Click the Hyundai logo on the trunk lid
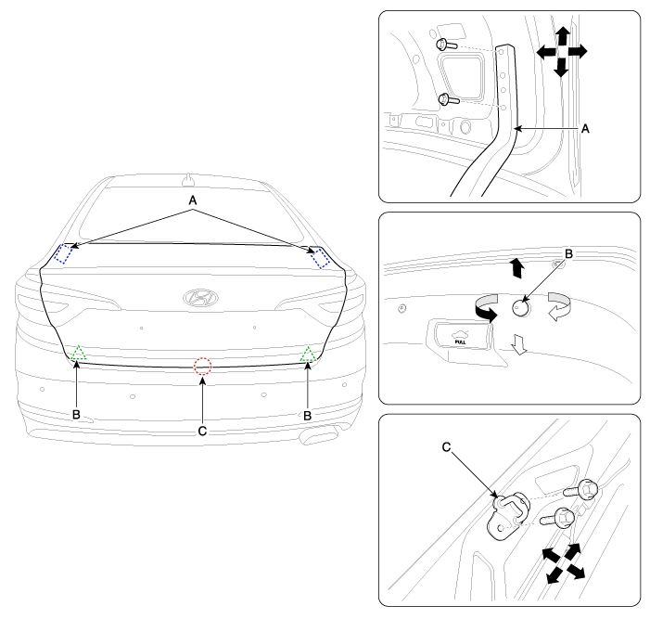tap(200, 298)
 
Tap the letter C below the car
tap(202, 432)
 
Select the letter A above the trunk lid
tap(193, 200)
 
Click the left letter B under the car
tap(76, 415)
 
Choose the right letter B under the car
tap(307, 416)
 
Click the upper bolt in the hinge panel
tap(446, 45)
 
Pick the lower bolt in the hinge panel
tap(449, 99)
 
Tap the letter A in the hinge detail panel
tap(585, 129)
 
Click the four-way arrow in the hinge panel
tap(562, 52)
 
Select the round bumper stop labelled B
tap(521, 308)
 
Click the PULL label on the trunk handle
tap(461, 342)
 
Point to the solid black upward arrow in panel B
tap(516, 268)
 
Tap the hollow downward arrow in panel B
tap(519, 344)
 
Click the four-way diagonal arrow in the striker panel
tap(564, 563)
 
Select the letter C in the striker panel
tap(446, 447)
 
